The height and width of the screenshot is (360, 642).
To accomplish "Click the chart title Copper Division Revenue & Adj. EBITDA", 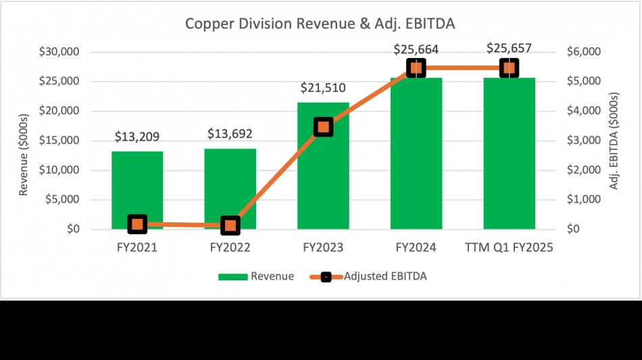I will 320,24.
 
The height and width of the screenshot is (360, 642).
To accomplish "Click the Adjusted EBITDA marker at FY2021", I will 137,224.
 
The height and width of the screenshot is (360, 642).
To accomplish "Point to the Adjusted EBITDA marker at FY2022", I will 230,225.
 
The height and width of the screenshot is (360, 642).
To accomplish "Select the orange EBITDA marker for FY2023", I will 323,126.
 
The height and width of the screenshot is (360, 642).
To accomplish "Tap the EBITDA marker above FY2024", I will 416,68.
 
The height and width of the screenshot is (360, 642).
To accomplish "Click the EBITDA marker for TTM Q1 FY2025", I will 510,68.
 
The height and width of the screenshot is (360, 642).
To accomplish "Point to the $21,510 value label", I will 323,88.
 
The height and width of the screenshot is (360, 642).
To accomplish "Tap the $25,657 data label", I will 510,49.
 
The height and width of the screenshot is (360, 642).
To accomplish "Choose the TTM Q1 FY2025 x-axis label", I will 510,248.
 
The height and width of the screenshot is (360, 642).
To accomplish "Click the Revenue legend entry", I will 257,276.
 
